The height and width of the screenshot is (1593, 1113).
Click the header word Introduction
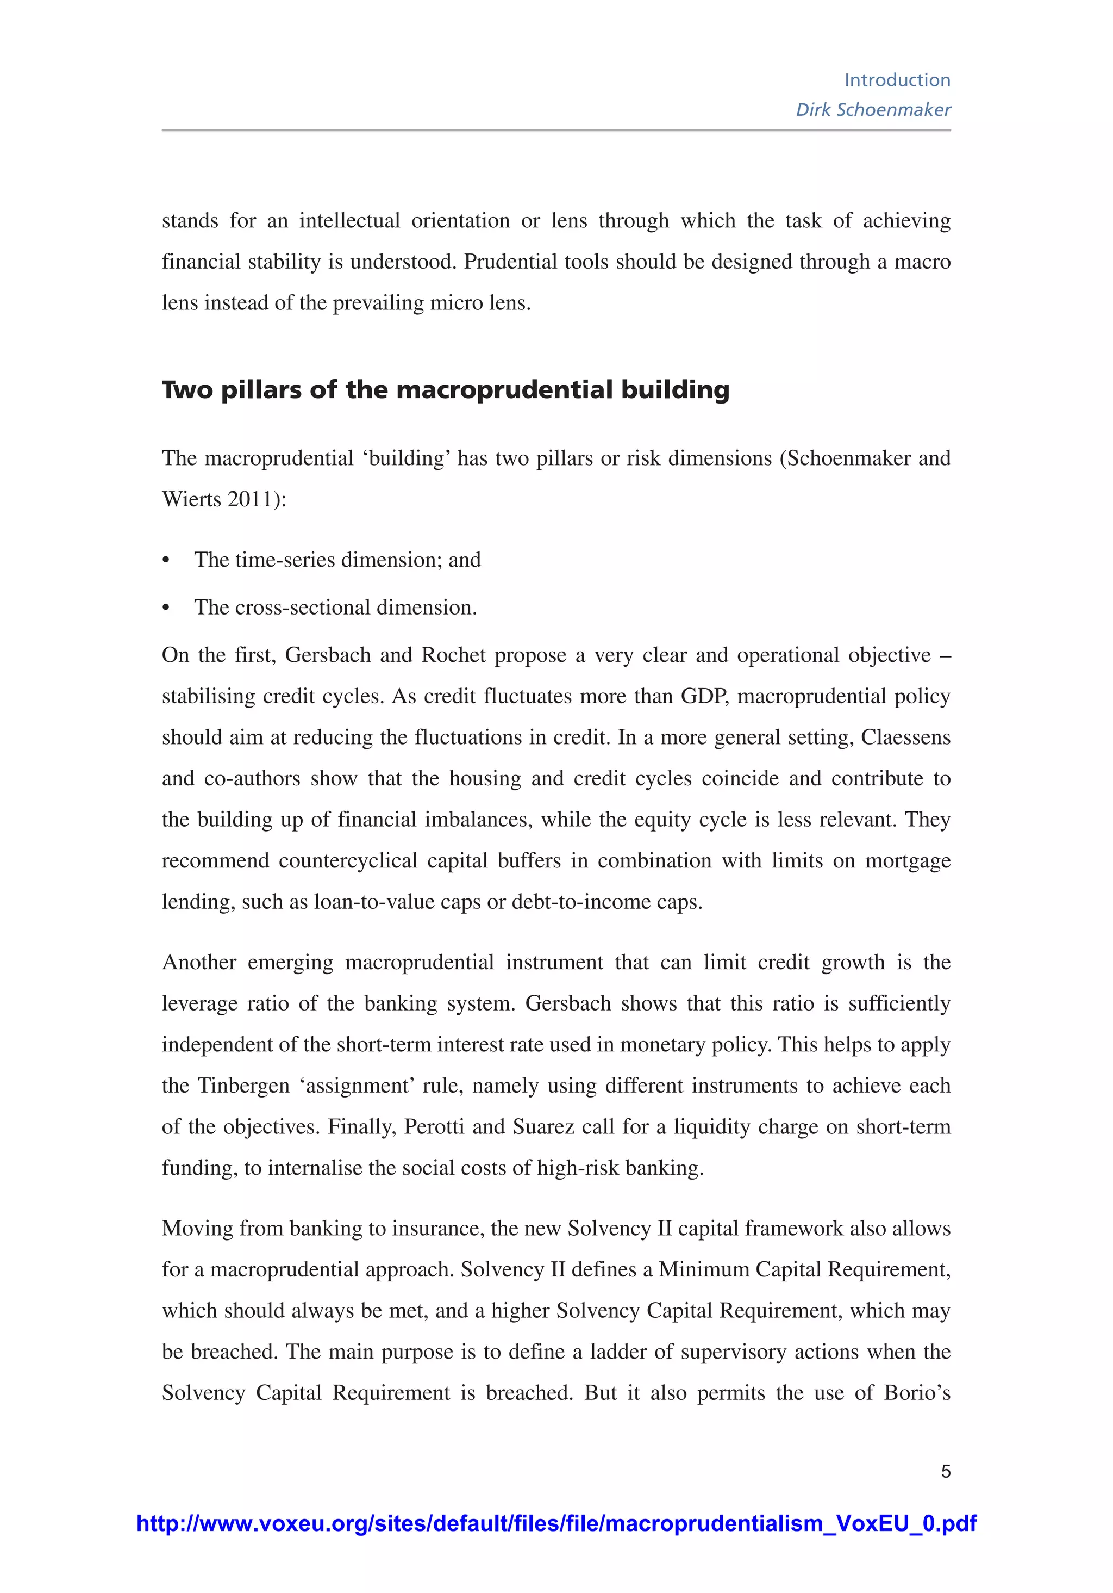coord(897,80)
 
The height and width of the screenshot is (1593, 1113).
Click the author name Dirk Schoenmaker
coord(872,110)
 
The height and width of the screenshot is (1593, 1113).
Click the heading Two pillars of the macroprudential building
coord(445,390)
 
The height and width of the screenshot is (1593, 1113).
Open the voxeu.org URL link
coord(556,1523)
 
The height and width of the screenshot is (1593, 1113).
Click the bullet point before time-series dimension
coord(166,561)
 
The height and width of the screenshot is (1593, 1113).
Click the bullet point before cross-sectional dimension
coord(166,609)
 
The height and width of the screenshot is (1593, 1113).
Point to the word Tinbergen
coord(243,1086)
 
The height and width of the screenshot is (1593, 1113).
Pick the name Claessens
coord(905,737)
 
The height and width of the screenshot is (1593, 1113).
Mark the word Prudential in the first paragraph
coord(510,262)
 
